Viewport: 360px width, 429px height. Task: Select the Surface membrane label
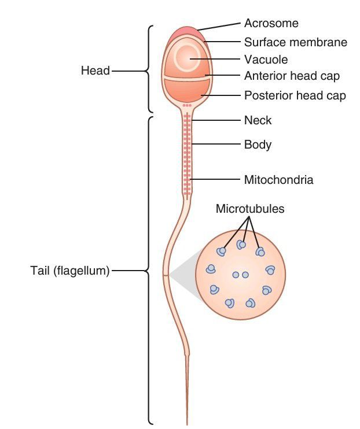pos(295,42)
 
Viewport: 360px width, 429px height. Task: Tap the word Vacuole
pos(266,60)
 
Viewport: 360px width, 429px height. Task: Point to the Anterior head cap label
pos(292,76)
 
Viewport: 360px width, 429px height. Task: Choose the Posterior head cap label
pos(295,95)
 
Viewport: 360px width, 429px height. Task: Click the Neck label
pos(258,121)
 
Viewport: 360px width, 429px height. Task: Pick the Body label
pos(258,145)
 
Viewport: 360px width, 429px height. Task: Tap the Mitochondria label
pos(278,180)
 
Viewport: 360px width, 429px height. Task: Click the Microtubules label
pos(250,209)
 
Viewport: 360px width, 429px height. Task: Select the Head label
pos(95,71)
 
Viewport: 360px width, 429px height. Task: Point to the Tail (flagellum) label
pos(70,270)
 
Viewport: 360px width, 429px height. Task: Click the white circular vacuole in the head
pos(189,58)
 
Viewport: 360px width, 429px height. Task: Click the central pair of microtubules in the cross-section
pos(240,275)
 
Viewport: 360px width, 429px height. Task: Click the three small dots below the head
pos(186,106)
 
